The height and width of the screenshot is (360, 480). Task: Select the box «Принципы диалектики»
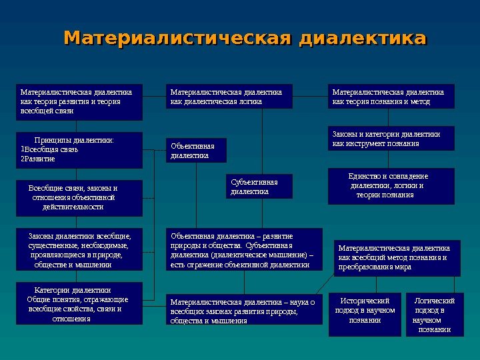coord(79,150)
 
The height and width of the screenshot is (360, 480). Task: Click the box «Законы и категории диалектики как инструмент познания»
coord(391,139)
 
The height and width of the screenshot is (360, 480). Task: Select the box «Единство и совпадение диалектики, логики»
coord(391,185)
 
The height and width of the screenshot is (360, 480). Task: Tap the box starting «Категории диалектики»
coord(79,303)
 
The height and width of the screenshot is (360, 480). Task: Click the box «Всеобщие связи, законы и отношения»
coord(79,198)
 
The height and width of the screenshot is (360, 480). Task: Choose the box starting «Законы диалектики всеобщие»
coord(79,250)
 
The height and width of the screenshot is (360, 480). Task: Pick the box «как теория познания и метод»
coord(392,97)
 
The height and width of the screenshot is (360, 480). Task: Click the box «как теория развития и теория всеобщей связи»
coord(79,101)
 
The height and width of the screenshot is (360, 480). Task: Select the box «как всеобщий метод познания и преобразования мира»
coord(397,257)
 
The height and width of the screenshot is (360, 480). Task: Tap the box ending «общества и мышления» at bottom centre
coord(243,311)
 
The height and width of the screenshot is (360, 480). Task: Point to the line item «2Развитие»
coord(39,159)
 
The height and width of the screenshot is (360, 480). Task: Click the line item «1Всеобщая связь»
coord(50,149)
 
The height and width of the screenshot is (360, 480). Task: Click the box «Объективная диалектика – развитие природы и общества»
coord(243,250)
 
